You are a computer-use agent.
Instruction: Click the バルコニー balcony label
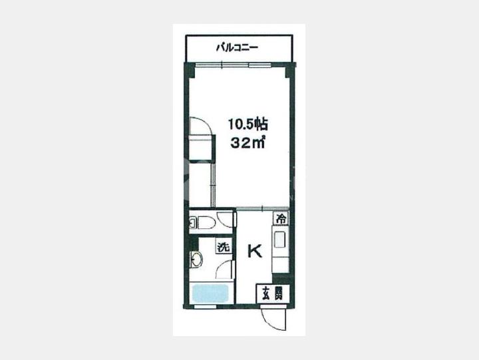tap(238, 48)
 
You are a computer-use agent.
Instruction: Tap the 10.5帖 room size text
tap(248, 124)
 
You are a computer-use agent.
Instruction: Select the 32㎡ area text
tap(247, 142)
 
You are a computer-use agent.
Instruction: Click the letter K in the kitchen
tap(254, 252)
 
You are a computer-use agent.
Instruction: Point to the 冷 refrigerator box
tap(281, 218)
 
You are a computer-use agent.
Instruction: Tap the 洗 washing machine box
tap(224, 246)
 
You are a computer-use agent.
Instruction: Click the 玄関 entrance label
tap(271, 293)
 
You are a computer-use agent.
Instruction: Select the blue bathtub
tap(210, 293)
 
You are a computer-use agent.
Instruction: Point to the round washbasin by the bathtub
tap(196, 260)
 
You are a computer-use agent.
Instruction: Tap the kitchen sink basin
tap(280, 240)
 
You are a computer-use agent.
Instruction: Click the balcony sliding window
tap(234, 65)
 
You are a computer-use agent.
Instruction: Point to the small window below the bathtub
tap(206, 306)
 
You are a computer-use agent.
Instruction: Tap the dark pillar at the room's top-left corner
tap(190, 71)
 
